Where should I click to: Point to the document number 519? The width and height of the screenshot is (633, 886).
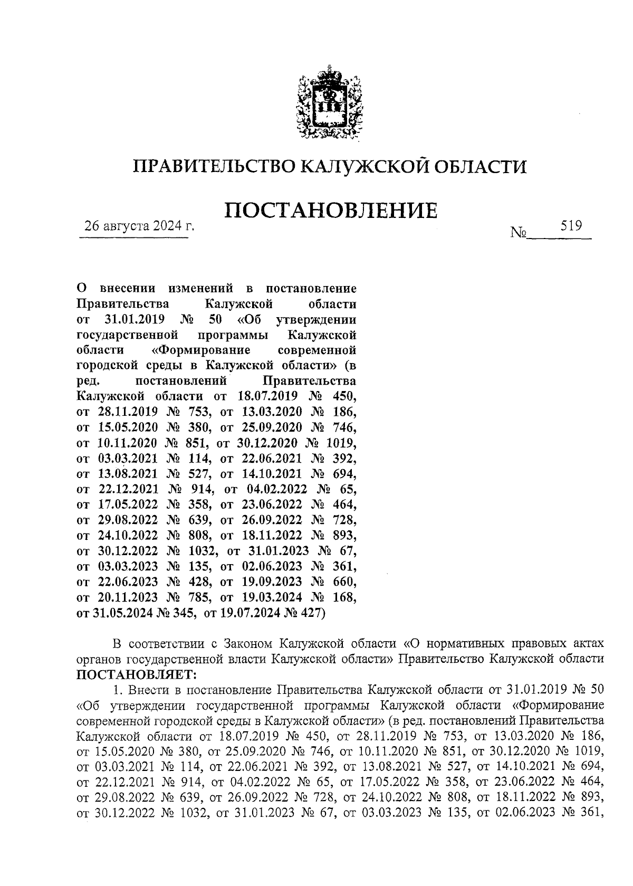tap(571, 226)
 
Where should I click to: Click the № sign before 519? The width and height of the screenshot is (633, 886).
tap(519, 232)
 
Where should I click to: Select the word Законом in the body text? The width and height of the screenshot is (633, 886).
tap(248, 644)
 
